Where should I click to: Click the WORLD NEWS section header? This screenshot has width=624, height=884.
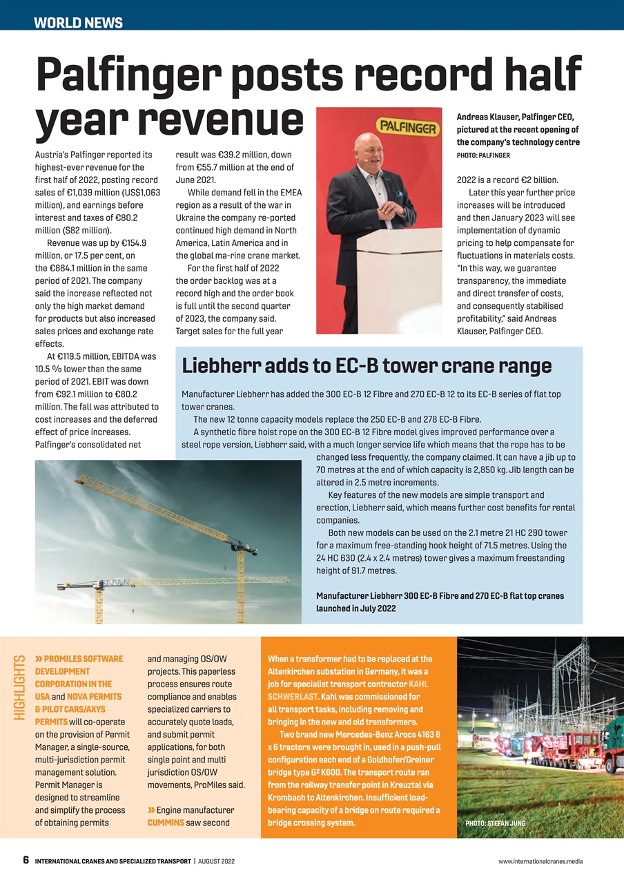click(78, 23)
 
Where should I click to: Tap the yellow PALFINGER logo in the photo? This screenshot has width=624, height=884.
click(406, 128)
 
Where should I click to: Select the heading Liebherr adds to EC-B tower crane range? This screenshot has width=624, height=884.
click(366, 366)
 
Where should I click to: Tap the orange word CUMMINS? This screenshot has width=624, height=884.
click(165, 823)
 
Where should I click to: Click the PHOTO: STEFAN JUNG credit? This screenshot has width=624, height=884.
click(495, 823)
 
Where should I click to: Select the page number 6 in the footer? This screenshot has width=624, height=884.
click(26, 861)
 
